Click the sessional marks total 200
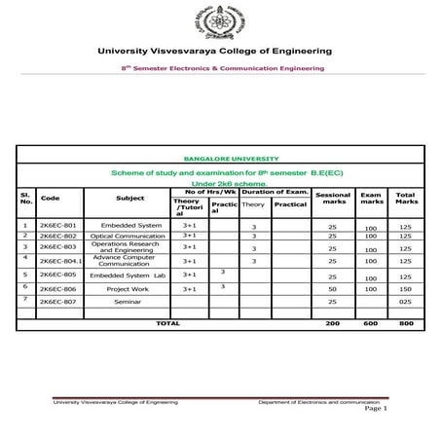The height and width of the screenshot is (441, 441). [x=333, y=321]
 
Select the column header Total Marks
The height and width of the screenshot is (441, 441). [x=406, y=199]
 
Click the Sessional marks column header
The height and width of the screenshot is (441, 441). [x=333, y=199]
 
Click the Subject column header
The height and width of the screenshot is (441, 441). [x=129, y=198]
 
